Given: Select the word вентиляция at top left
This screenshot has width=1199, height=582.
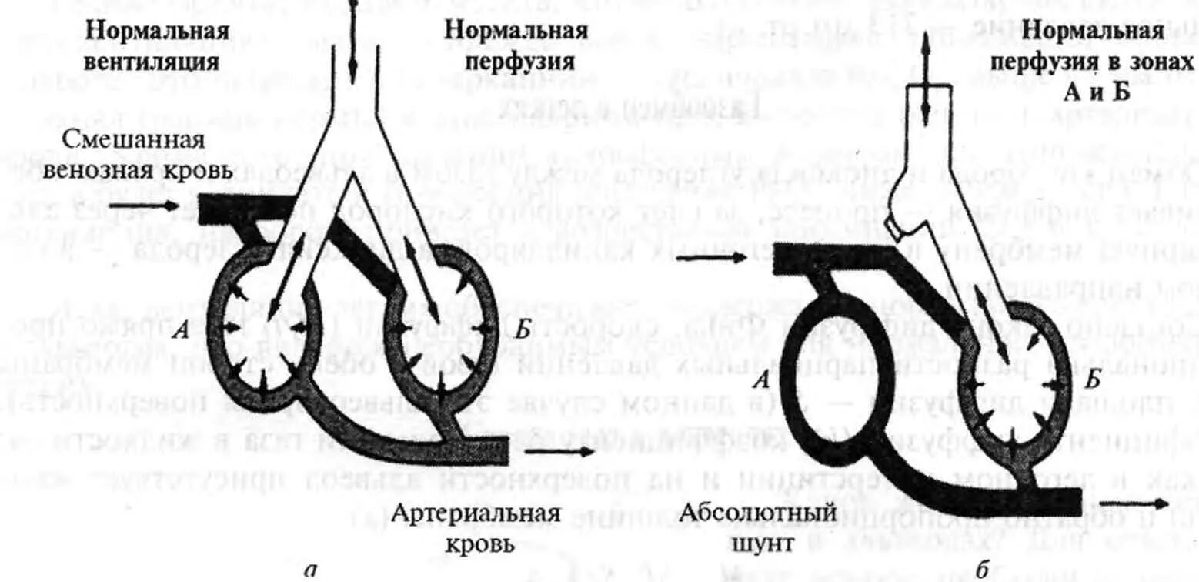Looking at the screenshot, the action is pos(158,61).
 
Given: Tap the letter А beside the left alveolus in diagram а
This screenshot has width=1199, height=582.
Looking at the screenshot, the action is pos(181,332).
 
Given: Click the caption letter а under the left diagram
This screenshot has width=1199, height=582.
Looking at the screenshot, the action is pos(309,570).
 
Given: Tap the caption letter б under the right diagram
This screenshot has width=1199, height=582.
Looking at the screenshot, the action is pos(982,570).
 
